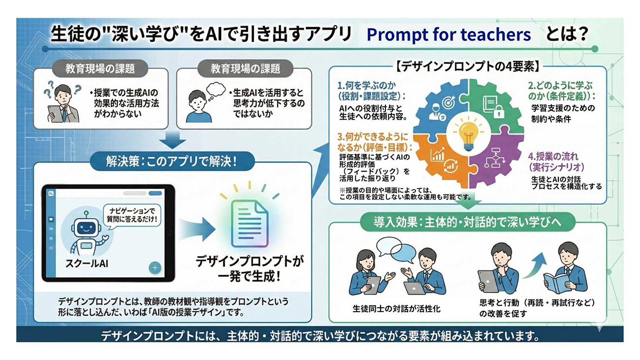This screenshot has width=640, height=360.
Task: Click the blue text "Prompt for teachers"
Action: click(448, 35)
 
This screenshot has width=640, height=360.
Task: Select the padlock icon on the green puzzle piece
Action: click(499, 111)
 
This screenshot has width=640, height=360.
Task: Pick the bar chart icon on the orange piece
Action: click(438, 155)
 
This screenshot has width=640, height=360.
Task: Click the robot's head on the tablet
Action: click(86, 227)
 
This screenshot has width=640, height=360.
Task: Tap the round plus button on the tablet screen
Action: click(155, 268)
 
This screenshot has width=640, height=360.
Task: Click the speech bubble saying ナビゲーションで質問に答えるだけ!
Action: click(132, 215)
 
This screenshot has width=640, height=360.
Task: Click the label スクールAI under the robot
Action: click(87, 263)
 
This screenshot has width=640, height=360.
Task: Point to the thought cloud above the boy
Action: click(216, 90)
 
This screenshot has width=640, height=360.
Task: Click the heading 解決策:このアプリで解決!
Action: click(172, 162)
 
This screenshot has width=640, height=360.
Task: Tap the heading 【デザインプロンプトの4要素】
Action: click(467, 67)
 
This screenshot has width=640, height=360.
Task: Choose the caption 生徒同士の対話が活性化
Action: click(397, 309)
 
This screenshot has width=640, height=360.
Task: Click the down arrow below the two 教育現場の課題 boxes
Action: click(172, 140)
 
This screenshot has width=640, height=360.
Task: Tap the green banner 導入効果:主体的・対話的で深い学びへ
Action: click(467, 222)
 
